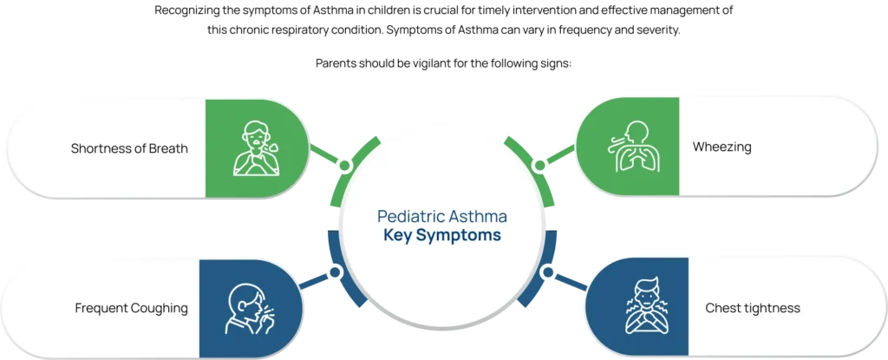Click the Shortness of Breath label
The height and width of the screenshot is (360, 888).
click(x=129, y=148)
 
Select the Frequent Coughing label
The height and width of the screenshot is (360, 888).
click(x=131, y=308)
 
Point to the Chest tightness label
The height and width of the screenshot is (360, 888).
click(x=752, y=308)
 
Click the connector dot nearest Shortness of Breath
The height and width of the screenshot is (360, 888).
click(x=344, y=165)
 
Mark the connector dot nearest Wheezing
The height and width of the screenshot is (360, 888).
click(x=539, y=163)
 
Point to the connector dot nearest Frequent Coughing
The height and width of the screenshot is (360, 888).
click(x=336, y=272)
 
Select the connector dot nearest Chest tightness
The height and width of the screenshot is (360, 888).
click(x=547, y=272)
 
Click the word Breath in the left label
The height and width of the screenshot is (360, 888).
click(x=167, y=148)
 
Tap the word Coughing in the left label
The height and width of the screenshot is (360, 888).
click(x=159, y=308)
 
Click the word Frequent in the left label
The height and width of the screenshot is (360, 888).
click(x=101, y=308)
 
